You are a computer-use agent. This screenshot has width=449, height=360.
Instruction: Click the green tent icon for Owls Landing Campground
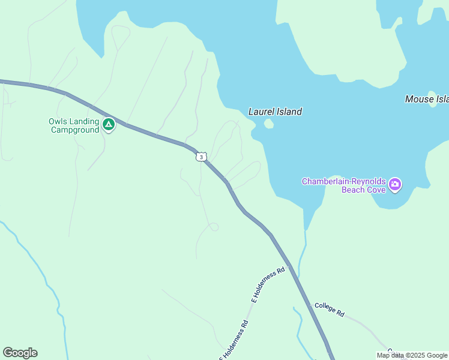[108, 125]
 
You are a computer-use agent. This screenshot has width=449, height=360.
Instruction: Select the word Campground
[74, 130]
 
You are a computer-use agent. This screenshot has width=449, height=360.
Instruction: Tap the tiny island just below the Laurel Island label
[268, 124]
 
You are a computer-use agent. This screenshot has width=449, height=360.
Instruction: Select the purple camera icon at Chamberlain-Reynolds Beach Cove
[395, 184]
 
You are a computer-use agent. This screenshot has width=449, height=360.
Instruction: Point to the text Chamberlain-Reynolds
[343, 181]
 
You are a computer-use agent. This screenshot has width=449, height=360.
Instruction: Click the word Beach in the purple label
[355, 190]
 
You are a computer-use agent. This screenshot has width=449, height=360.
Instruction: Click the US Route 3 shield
[201, 157]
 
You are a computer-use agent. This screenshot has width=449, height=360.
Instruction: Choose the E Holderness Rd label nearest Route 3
[267, 286]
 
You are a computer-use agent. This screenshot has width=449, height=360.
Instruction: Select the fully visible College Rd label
[329, 310]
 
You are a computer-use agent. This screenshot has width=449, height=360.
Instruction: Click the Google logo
[20, 353]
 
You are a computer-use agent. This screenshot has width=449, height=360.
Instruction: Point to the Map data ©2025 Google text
[412, 355]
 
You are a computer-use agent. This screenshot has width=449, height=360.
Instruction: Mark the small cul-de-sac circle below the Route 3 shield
[213, 227]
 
